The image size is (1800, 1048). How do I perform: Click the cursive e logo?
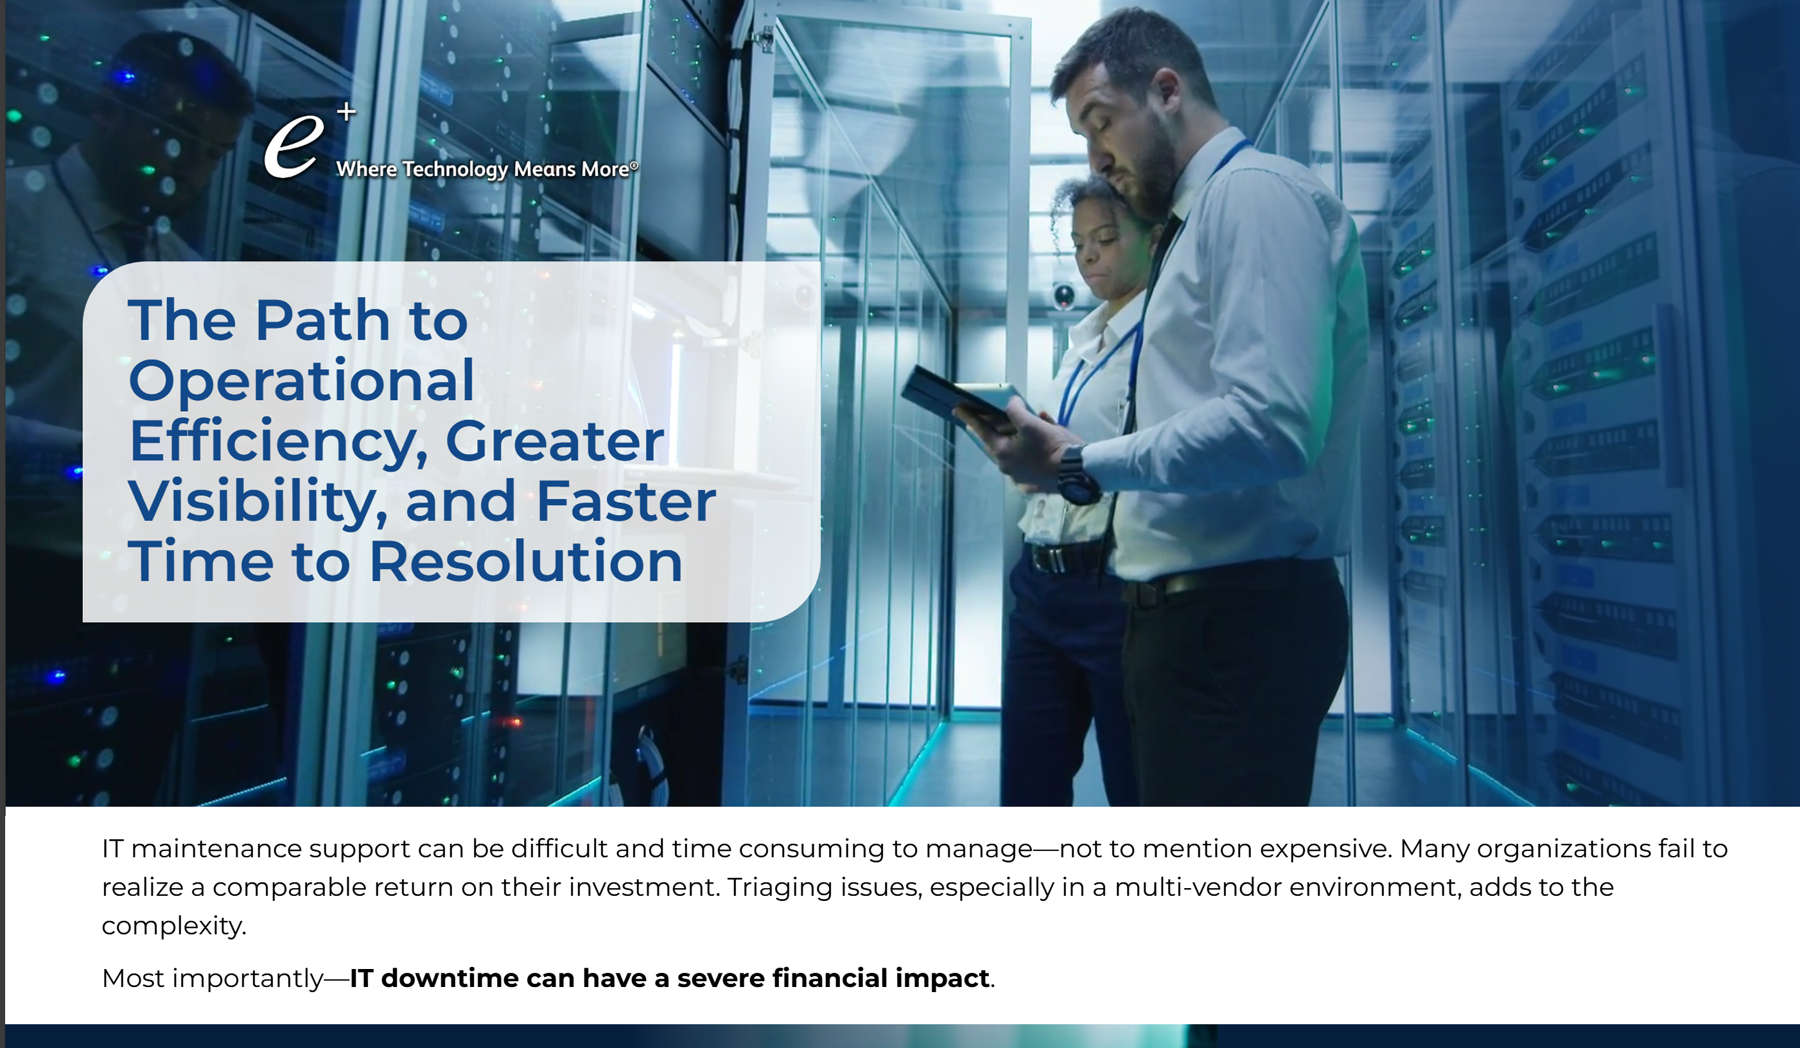pyautogui.click(x=293, y=147)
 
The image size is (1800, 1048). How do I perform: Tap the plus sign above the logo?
pyautogui.click(x=346, y=112)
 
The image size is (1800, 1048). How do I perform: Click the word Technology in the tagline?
pyautogui.click(x=455, y=170)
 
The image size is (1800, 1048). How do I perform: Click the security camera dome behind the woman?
pyautogui.click(x=1063, y=295)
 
